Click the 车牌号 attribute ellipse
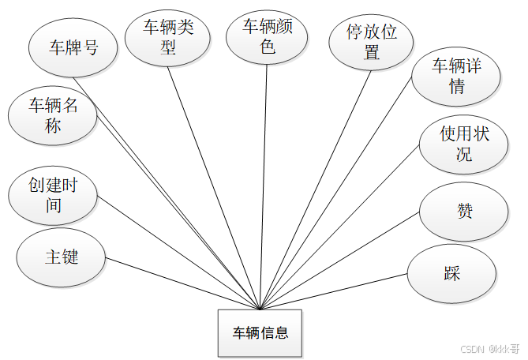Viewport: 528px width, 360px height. tap(73, 47)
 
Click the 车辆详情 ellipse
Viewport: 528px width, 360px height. tap(455, 77)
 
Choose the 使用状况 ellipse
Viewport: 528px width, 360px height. tap(464, 144)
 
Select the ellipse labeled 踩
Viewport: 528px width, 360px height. tap(451, 274)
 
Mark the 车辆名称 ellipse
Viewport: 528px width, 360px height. tap(53, 115)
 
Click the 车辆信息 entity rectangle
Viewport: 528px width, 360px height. tap(260, 332)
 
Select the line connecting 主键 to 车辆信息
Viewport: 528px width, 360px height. tap(184, 283)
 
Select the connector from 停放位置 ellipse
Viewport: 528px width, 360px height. tap(316, 189)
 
